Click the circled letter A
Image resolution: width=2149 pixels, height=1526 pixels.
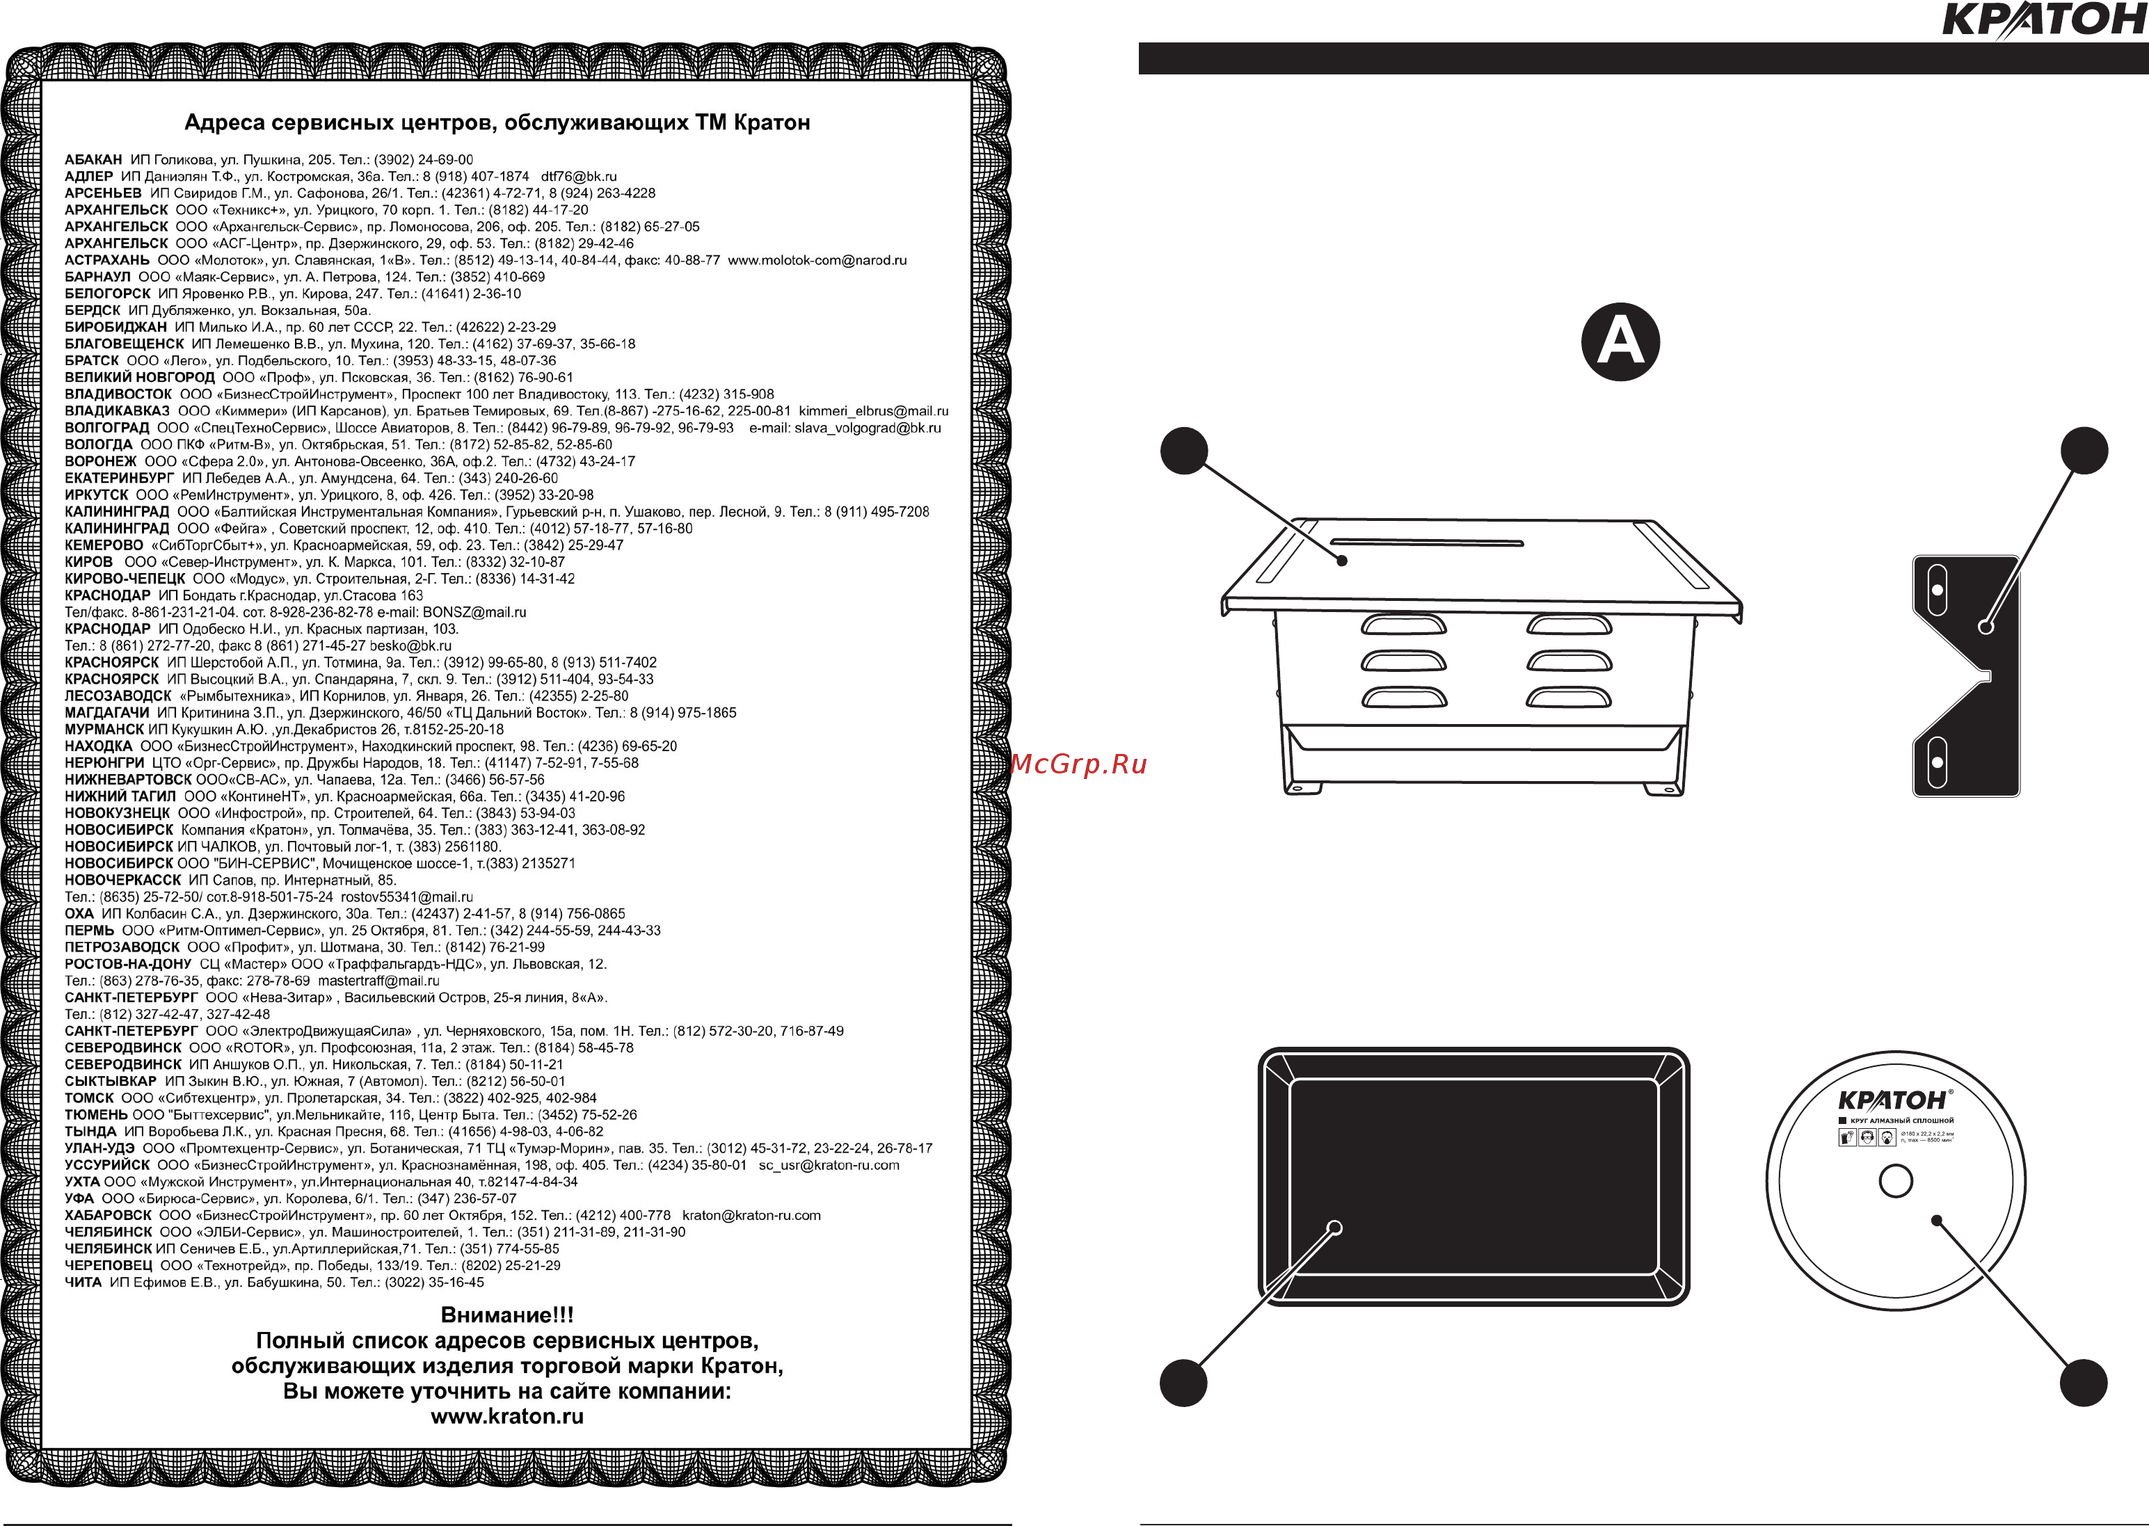click(x=1620, y=341)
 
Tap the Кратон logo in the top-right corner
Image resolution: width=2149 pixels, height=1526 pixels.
click(x=2044, y=19)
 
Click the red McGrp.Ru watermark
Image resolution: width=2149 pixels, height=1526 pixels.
click(x=1080, y=764)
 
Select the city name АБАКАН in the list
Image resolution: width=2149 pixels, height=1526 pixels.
click(x=93, y=160)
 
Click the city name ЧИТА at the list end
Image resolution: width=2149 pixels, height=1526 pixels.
click(x=83, y=1283)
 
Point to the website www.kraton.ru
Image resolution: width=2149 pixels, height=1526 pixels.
click(x=507, y=1416)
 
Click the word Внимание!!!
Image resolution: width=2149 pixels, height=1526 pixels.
click(x=507, y=1315)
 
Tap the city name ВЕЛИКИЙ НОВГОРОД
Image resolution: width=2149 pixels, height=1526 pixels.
click(x=139, y=378)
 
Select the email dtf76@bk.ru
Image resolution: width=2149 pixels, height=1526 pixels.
click(x=579, y=177)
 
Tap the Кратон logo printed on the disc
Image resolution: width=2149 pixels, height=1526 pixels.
click(x=1894, y=1100)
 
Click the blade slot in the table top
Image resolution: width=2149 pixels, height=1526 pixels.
click(x=1426, y=543)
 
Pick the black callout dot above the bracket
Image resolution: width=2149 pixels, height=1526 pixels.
click(x=2084, y=451)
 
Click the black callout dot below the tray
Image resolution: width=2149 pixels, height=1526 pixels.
click(x=1183, y=1382)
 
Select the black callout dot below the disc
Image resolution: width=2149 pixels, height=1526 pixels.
click(x=2083, y=1382)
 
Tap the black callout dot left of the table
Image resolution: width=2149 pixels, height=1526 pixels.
click(x=1184, y=451)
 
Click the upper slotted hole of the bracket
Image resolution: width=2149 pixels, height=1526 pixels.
click(x=1937, y=590)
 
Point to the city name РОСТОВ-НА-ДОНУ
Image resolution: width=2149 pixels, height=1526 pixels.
click(x=128, y=964)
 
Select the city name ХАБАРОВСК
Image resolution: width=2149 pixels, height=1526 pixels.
click(x=108, y=1216)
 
